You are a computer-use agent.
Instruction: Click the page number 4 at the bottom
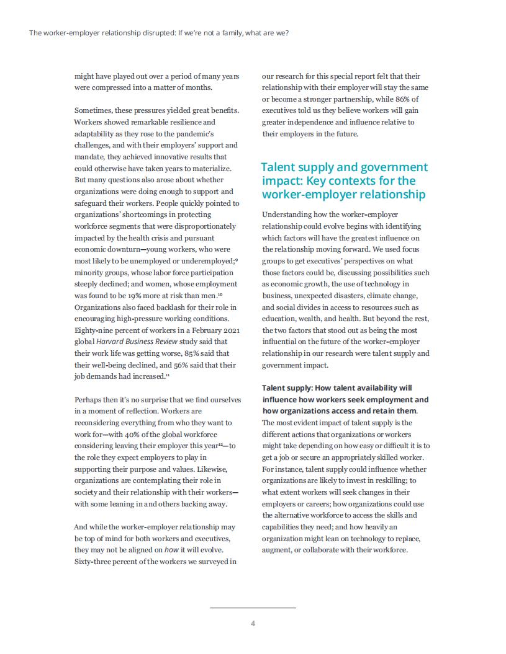click(x=253, y=624)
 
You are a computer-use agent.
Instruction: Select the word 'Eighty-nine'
click(x=94, y=330)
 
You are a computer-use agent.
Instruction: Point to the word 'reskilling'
click(x=395, y=480)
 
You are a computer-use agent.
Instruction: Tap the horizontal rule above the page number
click(x=253, y=608)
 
